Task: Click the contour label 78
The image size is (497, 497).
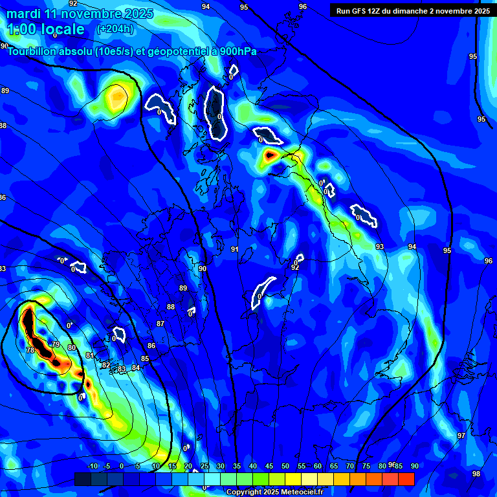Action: [30, 350]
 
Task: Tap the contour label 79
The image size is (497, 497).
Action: [56, 344]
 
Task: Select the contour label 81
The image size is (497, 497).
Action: [89, 355]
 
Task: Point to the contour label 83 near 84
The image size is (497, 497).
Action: [121, 370]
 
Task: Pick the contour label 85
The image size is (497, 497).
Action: [145, 359]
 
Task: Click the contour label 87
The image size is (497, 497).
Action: [160, 324]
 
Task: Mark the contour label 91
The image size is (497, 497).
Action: [234, 249]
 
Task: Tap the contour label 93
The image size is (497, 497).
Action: [379, 247]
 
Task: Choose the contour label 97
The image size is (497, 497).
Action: [461, 436]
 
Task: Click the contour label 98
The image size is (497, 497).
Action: [476, 474]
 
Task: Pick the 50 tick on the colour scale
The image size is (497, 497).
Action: [285, 467]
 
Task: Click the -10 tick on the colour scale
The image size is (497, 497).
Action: [92, 467]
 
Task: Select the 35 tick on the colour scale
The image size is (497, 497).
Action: [236, 467]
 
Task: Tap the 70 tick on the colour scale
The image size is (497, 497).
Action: [349, 467]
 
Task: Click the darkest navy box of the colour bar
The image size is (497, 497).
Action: [82, 479]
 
